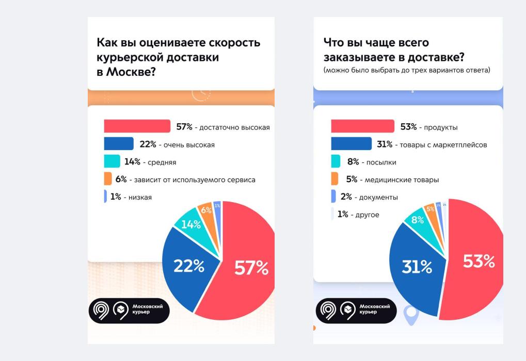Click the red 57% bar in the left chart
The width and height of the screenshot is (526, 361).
coord(137,126)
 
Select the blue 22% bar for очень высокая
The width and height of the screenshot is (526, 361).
coord(118,144)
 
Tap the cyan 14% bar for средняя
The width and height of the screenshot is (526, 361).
coord(111,161)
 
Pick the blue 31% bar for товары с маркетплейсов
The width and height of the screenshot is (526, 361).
coord(351,144)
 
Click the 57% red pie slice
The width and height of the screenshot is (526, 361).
coord(243,268)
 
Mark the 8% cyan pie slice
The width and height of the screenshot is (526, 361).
coord(417,220)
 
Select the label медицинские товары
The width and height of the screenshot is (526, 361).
coord(402,180)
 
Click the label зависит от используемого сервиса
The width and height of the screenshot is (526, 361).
coord(195,180)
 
